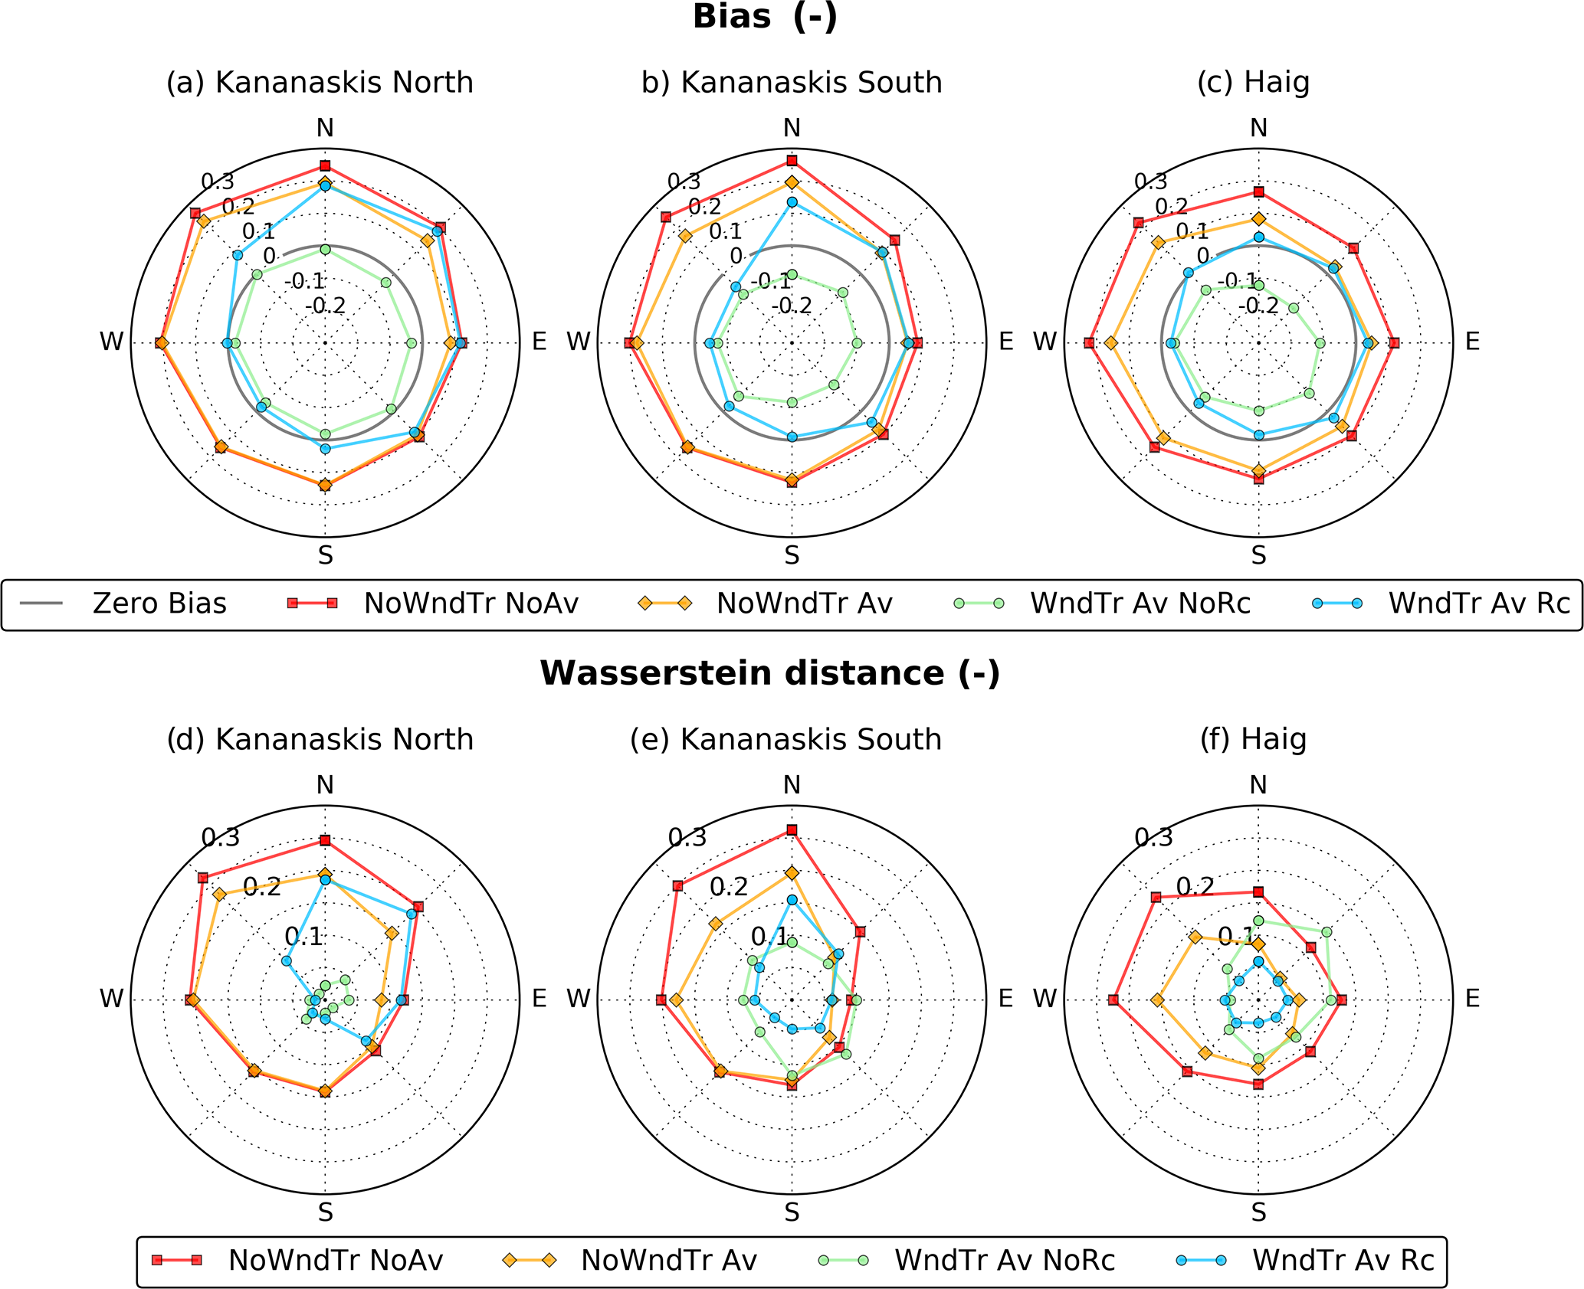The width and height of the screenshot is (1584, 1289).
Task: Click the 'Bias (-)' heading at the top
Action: point(765,17)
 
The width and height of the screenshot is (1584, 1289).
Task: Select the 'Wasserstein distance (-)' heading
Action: point(769,673)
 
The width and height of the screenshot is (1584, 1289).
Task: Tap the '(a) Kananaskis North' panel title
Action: point(320,83)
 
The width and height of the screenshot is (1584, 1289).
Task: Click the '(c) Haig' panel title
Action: point(1253,83)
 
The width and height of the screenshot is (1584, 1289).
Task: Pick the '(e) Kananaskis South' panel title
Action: point(785,740)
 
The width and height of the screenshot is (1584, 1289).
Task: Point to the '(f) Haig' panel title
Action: point(1253,740)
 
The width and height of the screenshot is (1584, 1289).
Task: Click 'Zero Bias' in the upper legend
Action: point(159,604)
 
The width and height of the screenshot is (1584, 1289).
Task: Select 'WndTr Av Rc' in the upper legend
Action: point(1479,604)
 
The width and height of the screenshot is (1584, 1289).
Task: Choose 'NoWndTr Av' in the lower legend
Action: point(668,1260)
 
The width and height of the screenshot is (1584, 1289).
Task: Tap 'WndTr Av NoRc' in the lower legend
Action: point(1004,1260)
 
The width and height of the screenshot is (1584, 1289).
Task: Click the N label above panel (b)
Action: point(792,128)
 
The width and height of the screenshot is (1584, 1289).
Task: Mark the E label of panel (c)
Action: point(1472,342)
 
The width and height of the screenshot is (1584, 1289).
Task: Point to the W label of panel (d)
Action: point(112,999)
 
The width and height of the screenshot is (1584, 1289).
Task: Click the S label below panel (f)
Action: point(1258,1212)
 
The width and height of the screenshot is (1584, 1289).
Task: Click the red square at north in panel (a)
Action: point(325,166)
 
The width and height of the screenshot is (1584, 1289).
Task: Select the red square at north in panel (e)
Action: point(792,830)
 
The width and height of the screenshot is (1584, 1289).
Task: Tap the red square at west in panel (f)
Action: point(1113,1000)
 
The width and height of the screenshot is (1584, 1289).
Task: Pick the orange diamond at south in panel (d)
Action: point(325,1091)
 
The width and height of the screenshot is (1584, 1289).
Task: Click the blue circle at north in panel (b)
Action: point(792,202)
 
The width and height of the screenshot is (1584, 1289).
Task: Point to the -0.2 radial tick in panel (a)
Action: point(326,306)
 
